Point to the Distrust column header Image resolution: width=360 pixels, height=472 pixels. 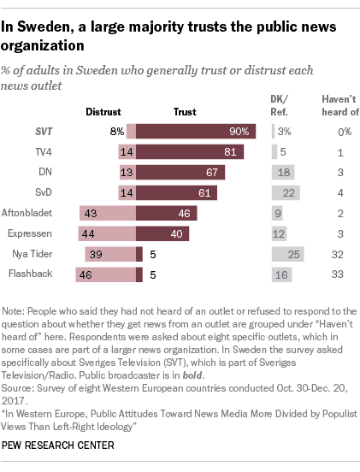(x=103, y=110)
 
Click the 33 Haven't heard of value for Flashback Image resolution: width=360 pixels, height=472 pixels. (x=339, y=274)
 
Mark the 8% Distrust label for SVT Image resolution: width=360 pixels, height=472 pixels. (x=117, y=131)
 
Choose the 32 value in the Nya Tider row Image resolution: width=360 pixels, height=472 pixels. (x=339, y=254)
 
